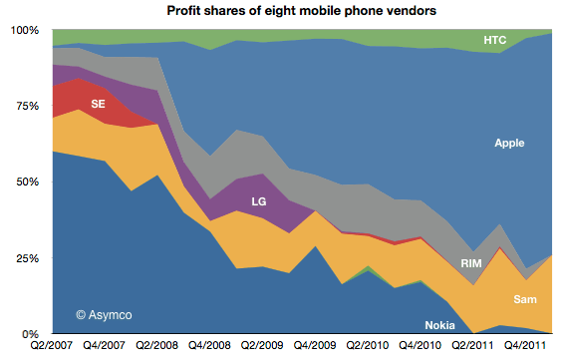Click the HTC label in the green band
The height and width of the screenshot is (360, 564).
[495, 41]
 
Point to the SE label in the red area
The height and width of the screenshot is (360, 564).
[98, 103]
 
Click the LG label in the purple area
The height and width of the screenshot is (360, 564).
[258, 201]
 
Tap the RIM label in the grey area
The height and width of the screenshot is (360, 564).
[472, 263]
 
